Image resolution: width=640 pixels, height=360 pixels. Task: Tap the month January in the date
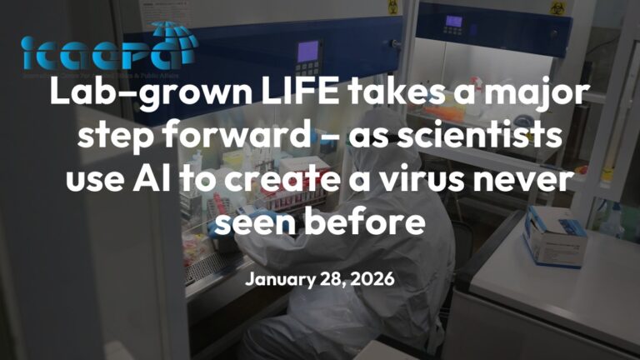coord(277,279)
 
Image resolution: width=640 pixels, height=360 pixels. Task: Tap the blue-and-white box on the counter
coord(554,237)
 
